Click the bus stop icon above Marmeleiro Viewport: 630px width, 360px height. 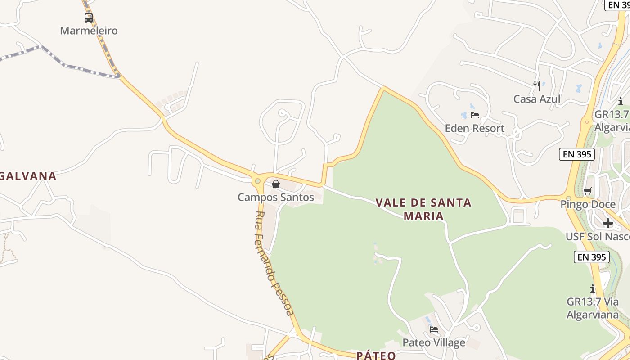(89, 18)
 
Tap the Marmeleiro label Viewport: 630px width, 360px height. (89, 31)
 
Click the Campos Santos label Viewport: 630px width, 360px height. (276, 197)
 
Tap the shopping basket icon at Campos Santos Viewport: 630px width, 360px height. (276, 184)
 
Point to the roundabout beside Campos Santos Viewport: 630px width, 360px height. (257, 181)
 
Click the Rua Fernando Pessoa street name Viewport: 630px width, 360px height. (274, 263)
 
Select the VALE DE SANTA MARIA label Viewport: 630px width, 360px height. (423, 209)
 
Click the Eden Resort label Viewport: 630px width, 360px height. (475, 128)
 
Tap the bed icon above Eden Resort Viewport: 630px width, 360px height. (475, 115)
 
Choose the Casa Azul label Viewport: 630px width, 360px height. (537, 99)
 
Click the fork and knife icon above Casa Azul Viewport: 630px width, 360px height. (537, 85)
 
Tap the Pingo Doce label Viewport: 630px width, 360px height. (588, 204)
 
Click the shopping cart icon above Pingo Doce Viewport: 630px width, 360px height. (587, 191)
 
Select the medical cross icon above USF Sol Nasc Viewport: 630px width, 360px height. (608, 223)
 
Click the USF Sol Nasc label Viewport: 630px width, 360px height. (598, 236)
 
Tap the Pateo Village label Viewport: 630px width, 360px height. (434, 342)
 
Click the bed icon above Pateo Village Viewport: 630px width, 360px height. (434, 329)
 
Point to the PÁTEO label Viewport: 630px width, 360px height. (376, 355)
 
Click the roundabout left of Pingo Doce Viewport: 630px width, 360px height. (568, 197)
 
